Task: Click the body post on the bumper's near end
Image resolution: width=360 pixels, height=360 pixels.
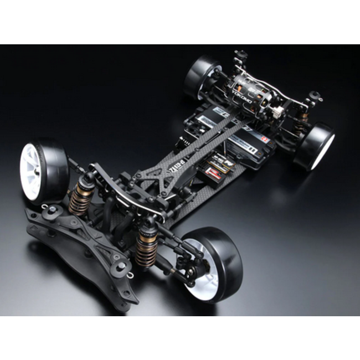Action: click(121, 268)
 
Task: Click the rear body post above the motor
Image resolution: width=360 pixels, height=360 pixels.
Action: click(240, 56)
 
